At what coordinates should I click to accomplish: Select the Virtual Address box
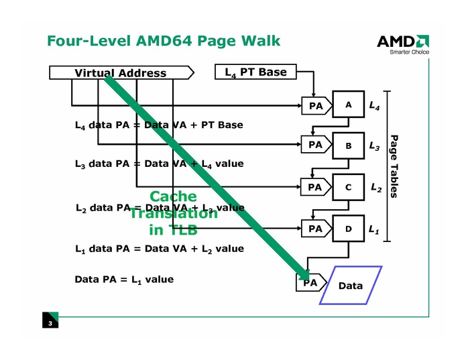tap(121, 73)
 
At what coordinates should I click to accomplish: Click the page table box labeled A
tap(349, 105)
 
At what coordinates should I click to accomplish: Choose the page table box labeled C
tap(349, 188)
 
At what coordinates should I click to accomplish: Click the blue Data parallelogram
tap(351, 286)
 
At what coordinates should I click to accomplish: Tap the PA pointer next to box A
tap(316, 105)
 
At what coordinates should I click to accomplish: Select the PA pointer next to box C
tap(316, 188)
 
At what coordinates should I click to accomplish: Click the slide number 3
tap(50, 324)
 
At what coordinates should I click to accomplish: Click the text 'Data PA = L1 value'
tap(124, 279)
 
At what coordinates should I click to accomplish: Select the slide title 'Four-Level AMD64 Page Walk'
tap(164, 41)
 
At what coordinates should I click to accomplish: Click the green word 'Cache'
tap(173, 196)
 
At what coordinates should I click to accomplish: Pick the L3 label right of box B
tap(375, 145)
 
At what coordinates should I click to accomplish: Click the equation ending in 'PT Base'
tap(159, 125)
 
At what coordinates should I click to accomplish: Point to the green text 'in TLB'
tap(173, 230)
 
